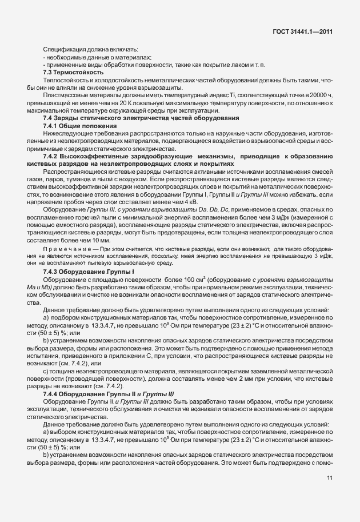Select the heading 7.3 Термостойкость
tap(73, 72)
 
